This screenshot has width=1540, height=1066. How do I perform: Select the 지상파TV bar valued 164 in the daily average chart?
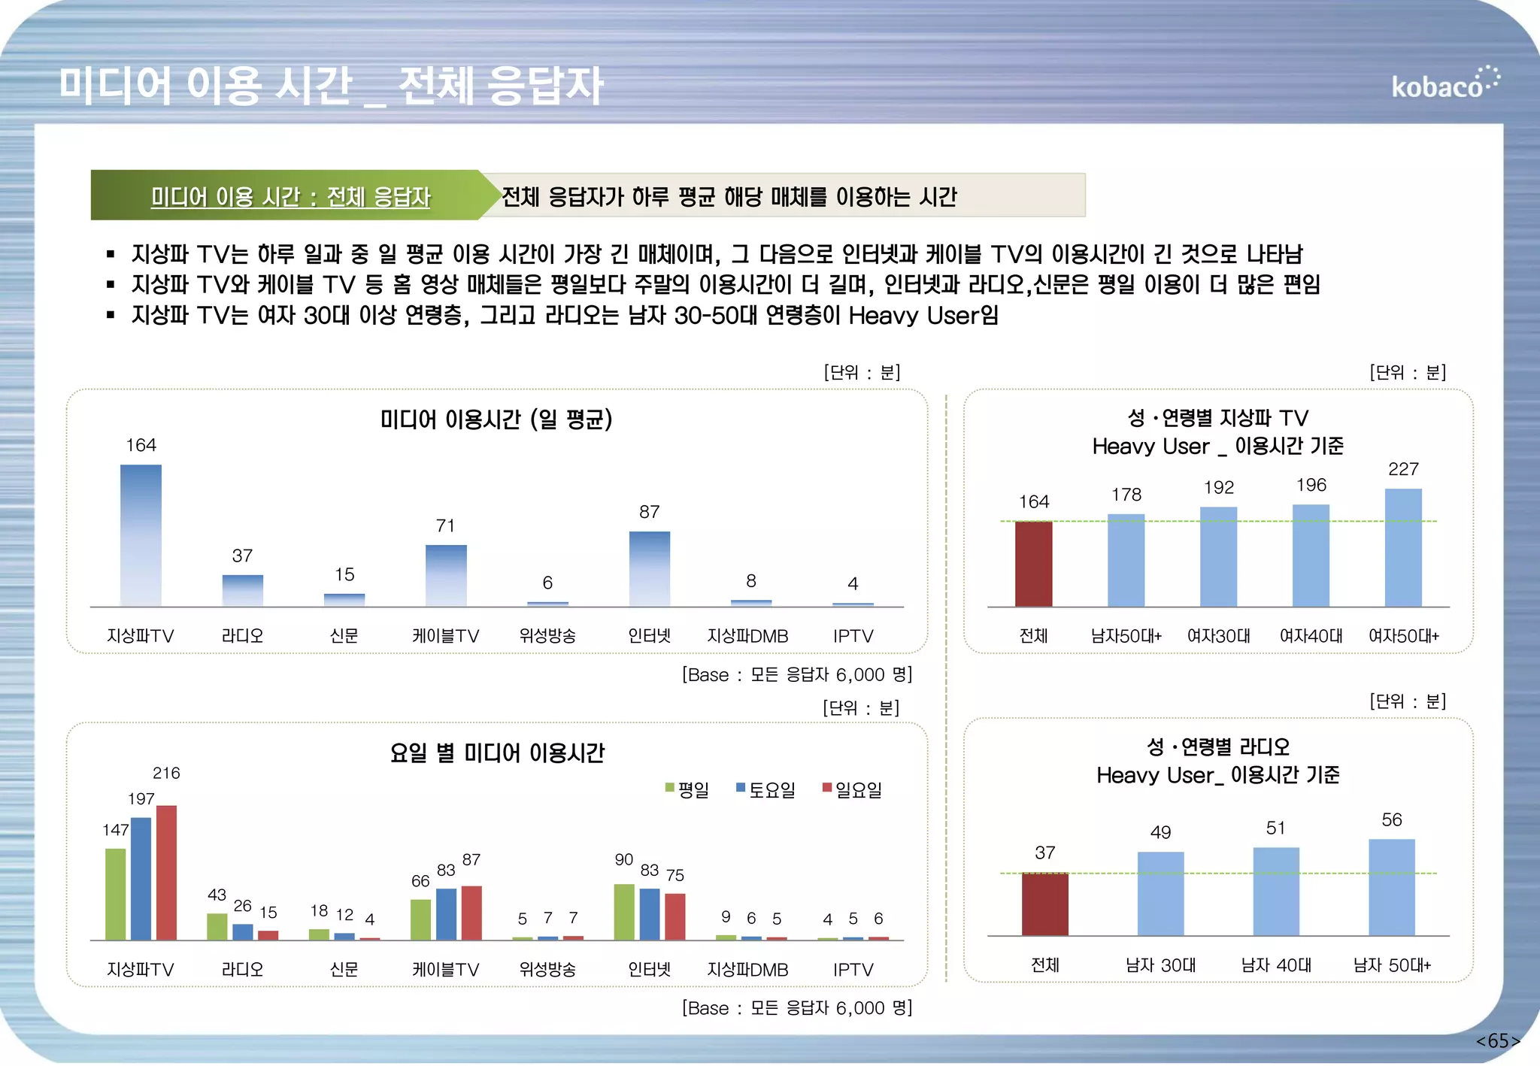[x=141, y=535]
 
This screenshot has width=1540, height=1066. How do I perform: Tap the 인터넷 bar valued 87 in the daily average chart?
[x=649, y=568]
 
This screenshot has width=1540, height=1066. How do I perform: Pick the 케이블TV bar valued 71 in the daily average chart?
[x=446, y=575]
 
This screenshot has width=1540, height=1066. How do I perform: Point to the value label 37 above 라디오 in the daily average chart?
[x=242, y=556]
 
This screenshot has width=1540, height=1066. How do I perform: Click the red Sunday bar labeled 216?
[x=166, y=872]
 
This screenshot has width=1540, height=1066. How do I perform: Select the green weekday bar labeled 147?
[x=116, y=894]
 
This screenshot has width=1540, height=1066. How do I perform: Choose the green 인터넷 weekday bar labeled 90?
[x=624, y=912]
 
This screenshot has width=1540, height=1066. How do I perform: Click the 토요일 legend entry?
[x=766, y=790]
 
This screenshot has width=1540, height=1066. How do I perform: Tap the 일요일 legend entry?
[x=853, y=790]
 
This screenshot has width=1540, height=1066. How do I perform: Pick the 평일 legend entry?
[x=687, y=790]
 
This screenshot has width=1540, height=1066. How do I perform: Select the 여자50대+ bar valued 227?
[x=1403, y=547]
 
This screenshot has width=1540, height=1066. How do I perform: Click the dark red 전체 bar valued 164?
[x=1033, y=564]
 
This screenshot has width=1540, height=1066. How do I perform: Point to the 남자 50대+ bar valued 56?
[x=1391, y=887]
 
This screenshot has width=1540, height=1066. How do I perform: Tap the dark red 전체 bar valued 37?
[x=1044, y=904]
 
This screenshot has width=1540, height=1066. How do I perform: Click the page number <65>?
[x=1497, y=1040]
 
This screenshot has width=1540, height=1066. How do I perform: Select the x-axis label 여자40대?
[x=1311, y=636]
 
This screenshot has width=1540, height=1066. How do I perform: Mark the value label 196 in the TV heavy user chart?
[x=1311, y=485]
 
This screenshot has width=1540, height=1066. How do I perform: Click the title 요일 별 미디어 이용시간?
[x=497, y=753]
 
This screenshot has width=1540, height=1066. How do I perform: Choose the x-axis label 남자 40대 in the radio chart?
[x=1275, y=965]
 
